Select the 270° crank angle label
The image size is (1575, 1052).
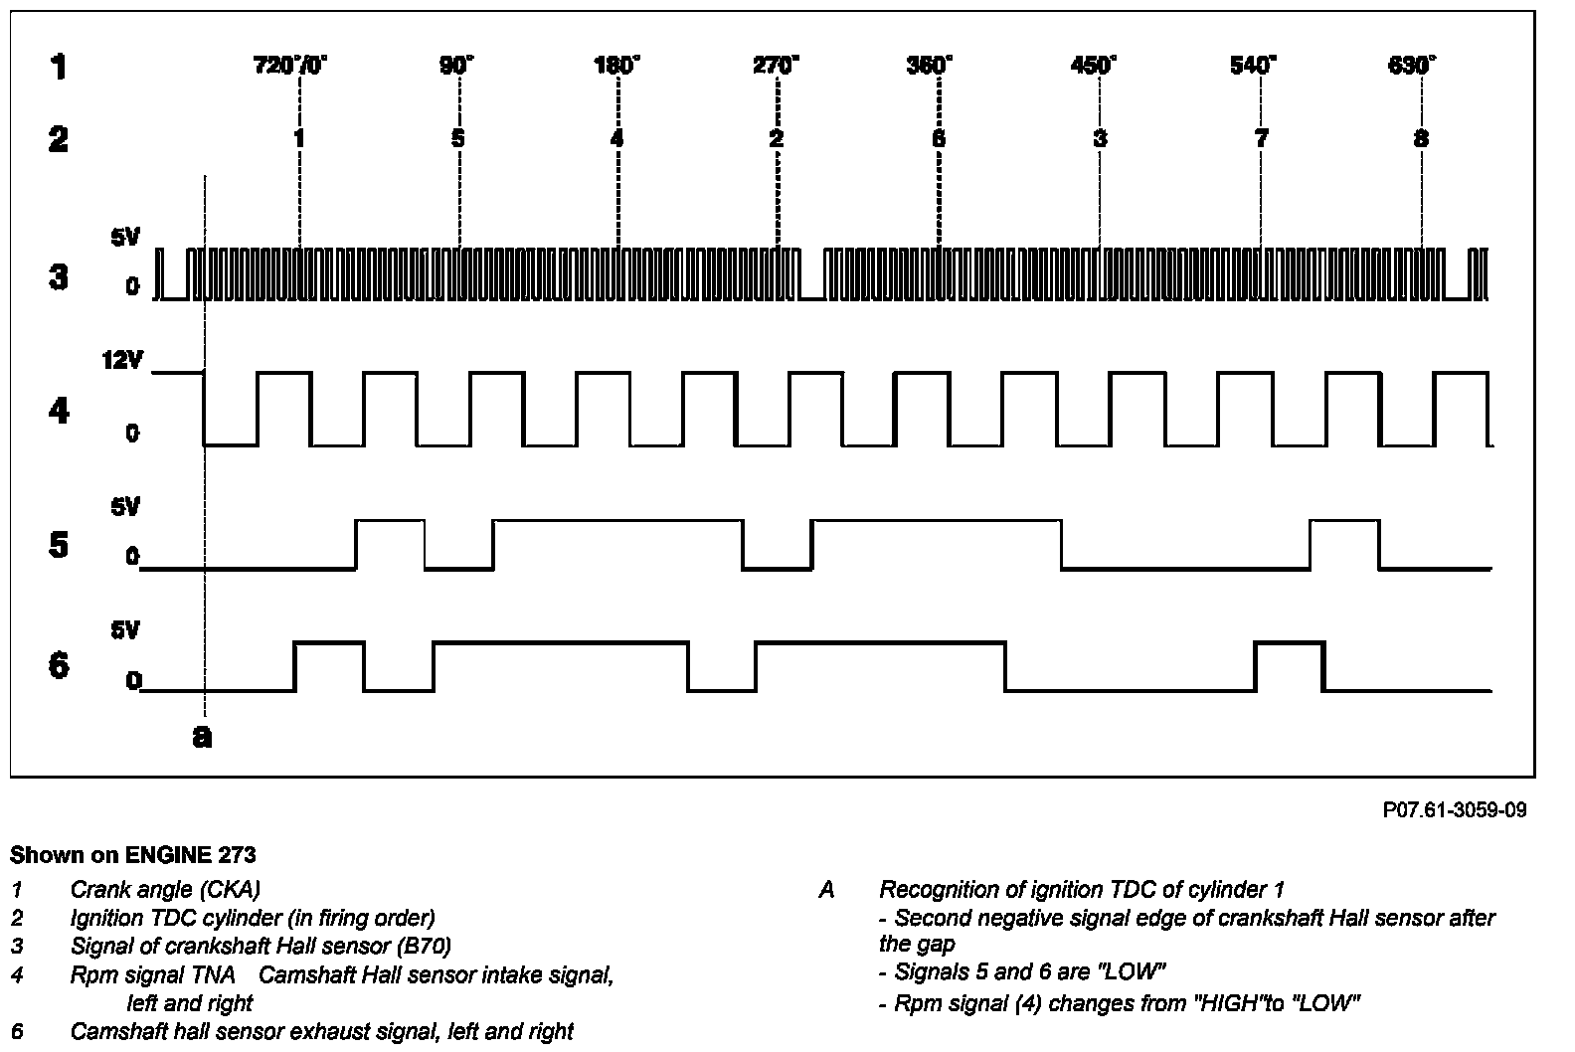tap(776, 67)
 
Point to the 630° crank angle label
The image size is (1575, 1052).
tap(1412, 67)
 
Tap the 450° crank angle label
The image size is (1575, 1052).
tap(1094, 67)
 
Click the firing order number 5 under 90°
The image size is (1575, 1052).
tap(457, 138)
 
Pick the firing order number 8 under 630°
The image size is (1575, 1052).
tap(1421, 138)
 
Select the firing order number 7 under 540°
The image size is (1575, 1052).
tap(1261, 138)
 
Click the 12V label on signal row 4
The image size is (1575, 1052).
tap(123, 361)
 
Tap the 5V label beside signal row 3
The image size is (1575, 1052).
tap(127, 239)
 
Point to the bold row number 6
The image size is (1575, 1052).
tap(60, 664)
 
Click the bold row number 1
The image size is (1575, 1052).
tap(60, 68)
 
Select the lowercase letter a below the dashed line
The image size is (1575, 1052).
tap(202, 737)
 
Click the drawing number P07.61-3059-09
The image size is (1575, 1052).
tap(1455, 810)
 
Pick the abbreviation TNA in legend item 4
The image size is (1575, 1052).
tap(216, 975)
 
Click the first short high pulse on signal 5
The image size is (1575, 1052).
tap(390, 543)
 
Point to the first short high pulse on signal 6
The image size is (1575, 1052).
tap(329, 665)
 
